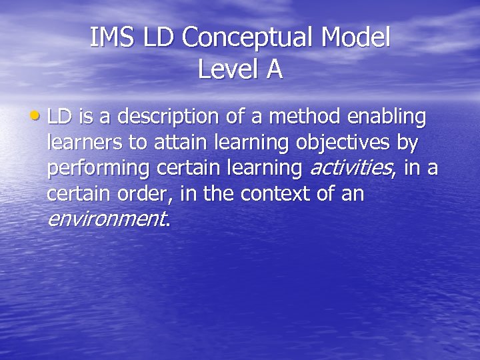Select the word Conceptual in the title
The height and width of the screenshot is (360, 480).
point(247,38)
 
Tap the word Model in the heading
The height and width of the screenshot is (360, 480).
point(355,38)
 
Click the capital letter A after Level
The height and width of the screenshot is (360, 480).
point(274,69)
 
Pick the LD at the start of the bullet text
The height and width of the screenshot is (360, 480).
point(59,117)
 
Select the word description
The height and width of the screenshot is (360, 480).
point(161,117)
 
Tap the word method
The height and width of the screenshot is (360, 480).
point(304,117)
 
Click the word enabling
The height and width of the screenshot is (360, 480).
point(387,117)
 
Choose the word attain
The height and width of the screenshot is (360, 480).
point(178,143)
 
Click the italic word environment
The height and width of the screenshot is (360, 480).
point(107,219)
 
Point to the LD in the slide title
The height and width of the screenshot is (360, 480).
point(158,38)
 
